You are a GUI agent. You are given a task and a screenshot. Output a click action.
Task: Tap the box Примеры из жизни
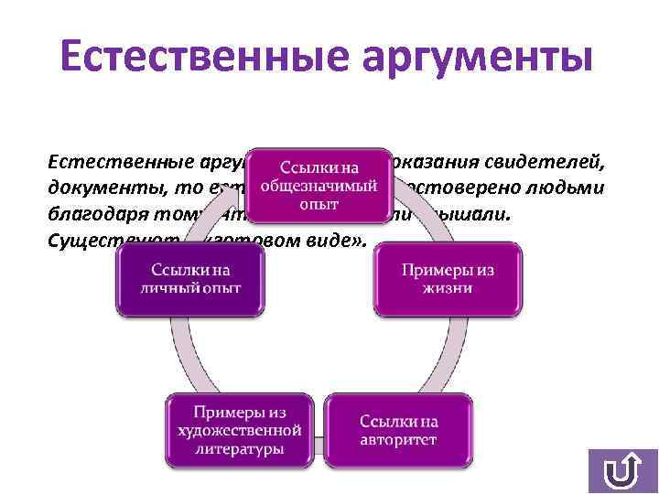click(x=448, y=278)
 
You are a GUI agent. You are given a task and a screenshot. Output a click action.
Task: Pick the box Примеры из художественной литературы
click(x=234, y=427)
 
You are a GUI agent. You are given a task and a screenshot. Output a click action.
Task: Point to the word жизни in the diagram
click(x=448, y=289)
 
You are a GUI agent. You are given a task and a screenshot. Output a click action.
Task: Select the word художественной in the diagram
click(x=234, y=427)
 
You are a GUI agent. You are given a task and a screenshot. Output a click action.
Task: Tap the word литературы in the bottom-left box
click(x=234, y=448)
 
